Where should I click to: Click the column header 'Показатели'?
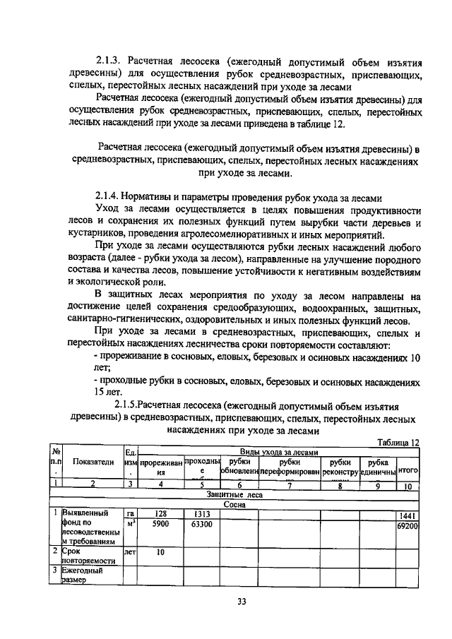tap(92, 462)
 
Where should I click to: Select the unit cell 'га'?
tap(130, 514)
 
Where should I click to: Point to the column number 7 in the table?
tap(289, 485)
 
